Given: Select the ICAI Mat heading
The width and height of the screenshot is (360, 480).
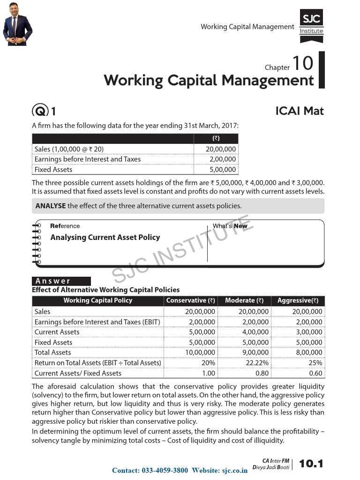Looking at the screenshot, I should [x=300, y=111].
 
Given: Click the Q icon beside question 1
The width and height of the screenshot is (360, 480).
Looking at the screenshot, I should [x=39, y=112].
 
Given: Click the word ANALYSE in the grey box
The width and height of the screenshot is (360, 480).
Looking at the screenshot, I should [x=51, y=206].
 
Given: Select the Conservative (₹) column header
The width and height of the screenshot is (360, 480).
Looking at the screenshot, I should [x=190, y=300].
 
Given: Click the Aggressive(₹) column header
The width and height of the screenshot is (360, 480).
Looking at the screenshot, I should [x=298, y=300].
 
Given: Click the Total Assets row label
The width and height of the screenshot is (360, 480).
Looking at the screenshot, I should [x=53, y=352].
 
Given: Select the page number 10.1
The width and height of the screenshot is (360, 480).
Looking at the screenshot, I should [x=311, y=464].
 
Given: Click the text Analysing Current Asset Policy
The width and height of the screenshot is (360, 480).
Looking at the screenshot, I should [x=105, y=237].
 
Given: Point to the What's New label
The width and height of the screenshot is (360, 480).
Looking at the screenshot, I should [x=230, y=226].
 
